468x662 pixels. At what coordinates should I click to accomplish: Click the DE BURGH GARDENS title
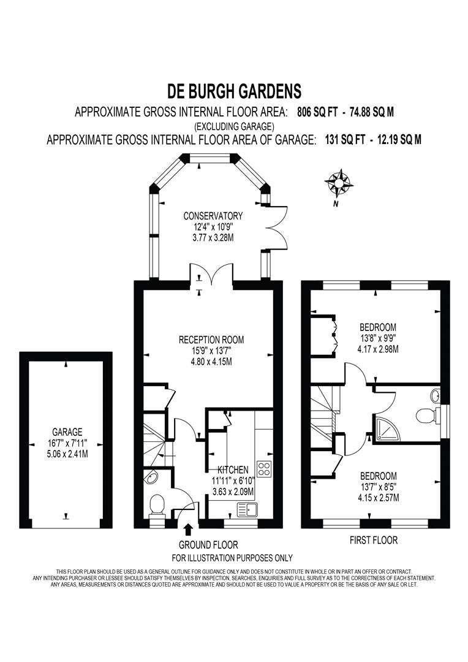click(x=234, y=92)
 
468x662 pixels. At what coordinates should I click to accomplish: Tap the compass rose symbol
click(x=339, y=182)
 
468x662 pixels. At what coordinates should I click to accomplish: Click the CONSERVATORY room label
click(x=213, y=216)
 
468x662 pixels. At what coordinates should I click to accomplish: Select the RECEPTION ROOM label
click(x=211, y=340)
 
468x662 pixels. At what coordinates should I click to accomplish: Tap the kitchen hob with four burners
click(x=264, y=469)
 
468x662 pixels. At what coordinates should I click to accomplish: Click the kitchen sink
click(x=247, y=508)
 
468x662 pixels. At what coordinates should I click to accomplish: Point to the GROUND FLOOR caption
click(x=208, y=545)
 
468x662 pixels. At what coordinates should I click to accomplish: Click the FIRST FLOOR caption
click(x=373, y=541)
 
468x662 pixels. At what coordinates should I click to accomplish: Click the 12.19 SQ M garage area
click(x=399, y=140)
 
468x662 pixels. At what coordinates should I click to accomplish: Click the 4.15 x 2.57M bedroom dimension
click(x=378, y=498)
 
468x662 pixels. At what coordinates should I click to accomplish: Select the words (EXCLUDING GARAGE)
click(x=234, y=126)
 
